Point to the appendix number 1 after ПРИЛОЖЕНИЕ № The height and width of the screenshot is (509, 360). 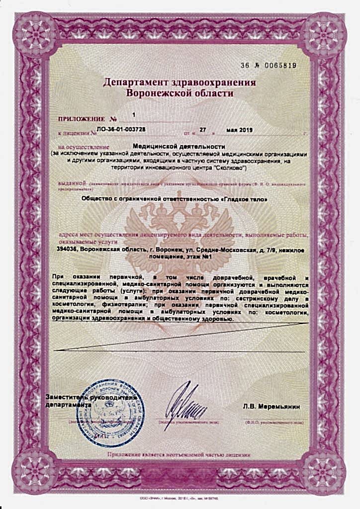tap(134, 115)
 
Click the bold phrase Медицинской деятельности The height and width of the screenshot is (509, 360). tap(180, 147)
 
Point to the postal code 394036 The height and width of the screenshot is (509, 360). tap(67, 250)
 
